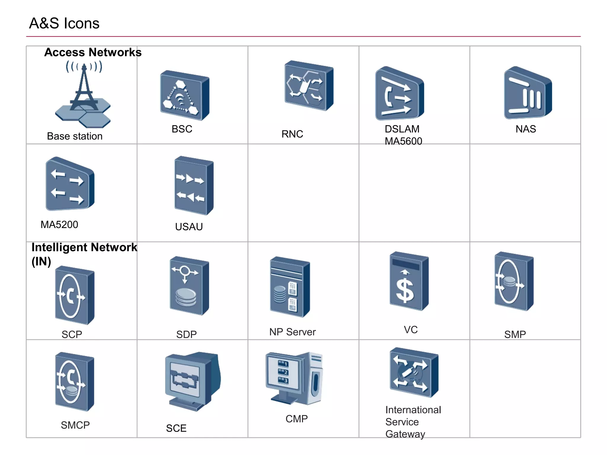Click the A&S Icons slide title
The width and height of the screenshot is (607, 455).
point(64,23)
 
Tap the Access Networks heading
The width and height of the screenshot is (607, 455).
point(93,52)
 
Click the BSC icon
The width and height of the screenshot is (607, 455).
point(184,96)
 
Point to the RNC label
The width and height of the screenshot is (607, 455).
point(292,134)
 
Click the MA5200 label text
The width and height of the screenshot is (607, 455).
point(59,225)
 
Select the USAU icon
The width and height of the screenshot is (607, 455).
point(194,186)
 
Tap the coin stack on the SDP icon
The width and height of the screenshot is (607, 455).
point(186,297)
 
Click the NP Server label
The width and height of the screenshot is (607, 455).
point(292,332)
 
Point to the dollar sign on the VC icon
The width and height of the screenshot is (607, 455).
point(405,291)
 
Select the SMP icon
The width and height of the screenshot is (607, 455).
point(513,281)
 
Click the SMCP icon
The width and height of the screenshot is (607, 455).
point(74,382)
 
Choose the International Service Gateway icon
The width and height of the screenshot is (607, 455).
point(413,373)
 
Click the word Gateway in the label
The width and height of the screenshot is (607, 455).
point(405,434)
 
